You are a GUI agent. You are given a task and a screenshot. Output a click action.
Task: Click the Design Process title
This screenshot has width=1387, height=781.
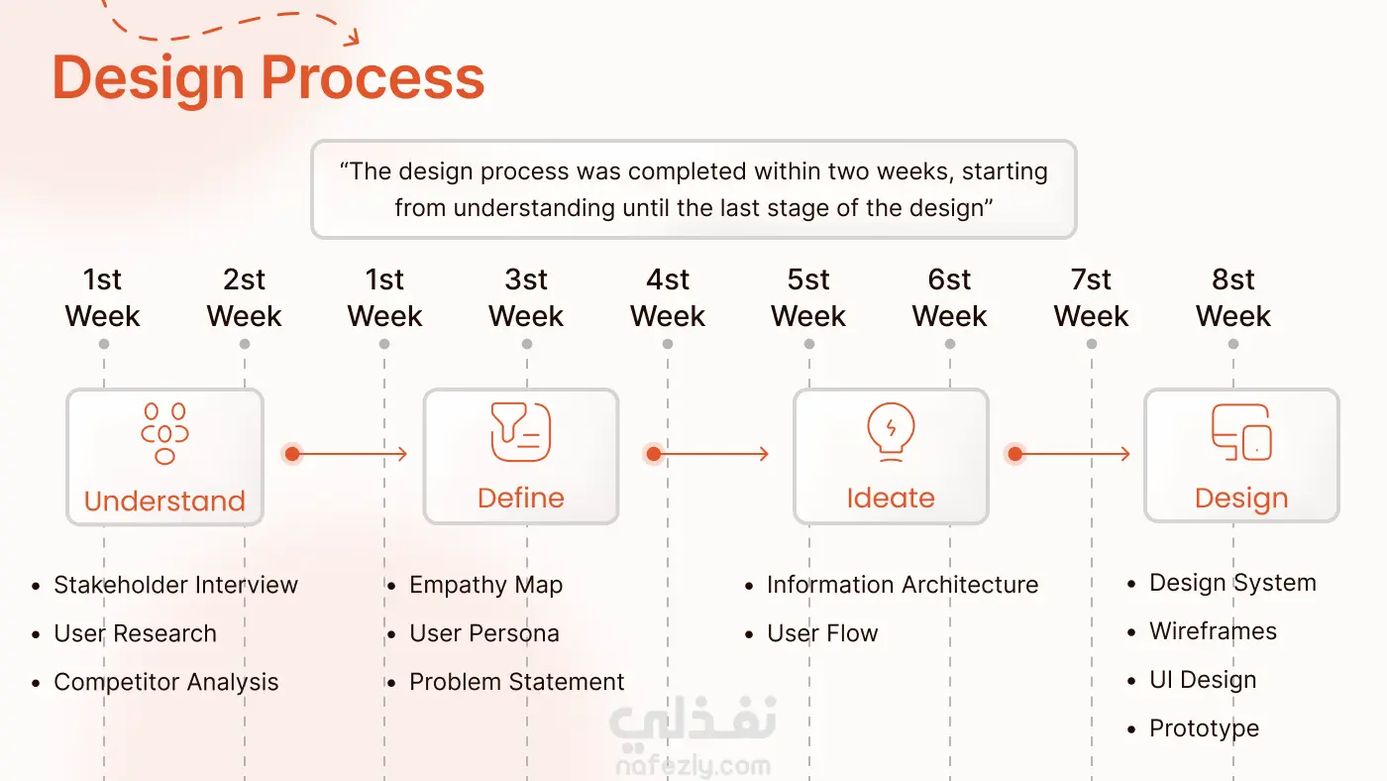pos(268,78)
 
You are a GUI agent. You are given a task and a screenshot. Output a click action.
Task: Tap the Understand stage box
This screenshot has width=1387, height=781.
pos(164,457)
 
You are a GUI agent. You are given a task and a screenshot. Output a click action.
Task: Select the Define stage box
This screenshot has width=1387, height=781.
pos(521,457)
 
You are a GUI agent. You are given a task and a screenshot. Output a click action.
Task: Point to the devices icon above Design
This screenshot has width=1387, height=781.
pos(1241,432)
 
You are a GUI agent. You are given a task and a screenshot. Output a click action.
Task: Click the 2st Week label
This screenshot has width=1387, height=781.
pos(244,297)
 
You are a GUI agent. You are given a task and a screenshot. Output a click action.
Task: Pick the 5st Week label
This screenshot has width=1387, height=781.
pos(808,297)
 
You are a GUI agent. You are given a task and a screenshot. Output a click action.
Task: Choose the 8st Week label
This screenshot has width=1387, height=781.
pos(1232,297)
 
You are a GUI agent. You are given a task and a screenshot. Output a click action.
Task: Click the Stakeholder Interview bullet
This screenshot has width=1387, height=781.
pos(164,585)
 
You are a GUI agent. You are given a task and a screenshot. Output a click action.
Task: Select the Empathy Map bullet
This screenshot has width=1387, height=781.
pos(475,586)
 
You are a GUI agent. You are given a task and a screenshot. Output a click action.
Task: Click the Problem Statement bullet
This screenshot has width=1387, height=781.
pos(505,682)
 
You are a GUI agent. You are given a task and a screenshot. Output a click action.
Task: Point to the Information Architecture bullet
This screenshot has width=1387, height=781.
pos(891,585)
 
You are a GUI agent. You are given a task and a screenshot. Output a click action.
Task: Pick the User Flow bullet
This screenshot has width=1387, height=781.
pos(811,633)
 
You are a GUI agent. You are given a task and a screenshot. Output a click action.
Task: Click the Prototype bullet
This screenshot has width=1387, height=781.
pos(1193,729)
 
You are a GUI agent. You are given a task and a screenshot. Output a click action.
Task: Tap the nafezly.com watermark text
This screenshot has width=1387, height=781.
pos(693,766)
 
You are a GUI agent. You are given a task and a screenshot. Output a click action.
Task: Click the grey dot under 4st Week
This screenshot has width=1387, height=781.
pos(668,344)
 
